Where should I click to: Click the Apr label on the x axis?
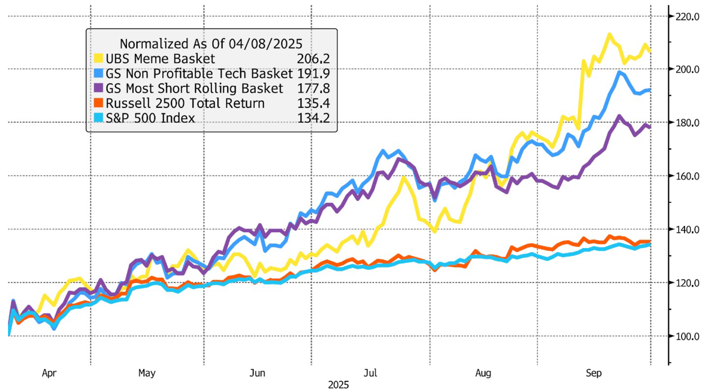point(49,373)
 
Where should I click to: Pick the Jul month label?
point(370,373)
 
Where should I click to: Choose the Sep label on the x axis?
point(594,373)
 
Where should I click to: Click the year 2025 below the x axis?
point(338,385)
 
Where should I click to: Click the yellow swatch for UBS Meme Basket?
point(99,58)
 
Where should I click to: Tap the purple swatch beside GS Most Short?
point(99,88)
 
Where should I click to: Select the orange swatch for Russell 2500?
point(99,103)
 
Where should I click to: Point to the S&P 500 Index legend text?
point(150,118)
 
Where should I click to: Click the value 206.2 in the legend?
point(313,58)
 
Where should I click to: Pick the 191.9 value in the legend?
point(313,73)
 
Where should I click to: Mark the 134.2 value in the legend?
point(313,118)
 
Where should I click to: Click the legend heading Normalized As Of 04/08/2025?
point(211,44)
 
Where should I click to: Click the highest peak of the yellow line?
point(609,34)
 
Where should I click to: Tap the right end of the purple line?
point(650,127)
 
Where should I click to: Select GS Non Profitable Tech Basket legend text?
point(199,73)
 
